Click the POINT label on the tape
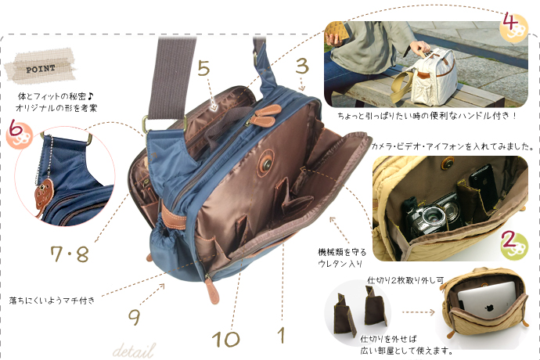tap(41, 69)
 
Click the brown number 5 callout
tap(203, 68)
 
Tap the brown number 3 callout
tap(302, 66)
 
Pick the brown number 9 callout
tap(135, 317)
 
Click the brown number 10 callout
tap(225, 339)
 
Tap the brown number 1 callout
tap(282, 335)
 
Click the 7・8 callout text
tap(70, 254)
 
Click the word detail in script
tap(134, 351)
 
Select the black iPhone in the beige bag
tap(483, 186)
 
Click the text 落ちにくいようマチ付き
tap(52, 301)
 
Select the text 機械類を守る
tap(342, 252)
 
